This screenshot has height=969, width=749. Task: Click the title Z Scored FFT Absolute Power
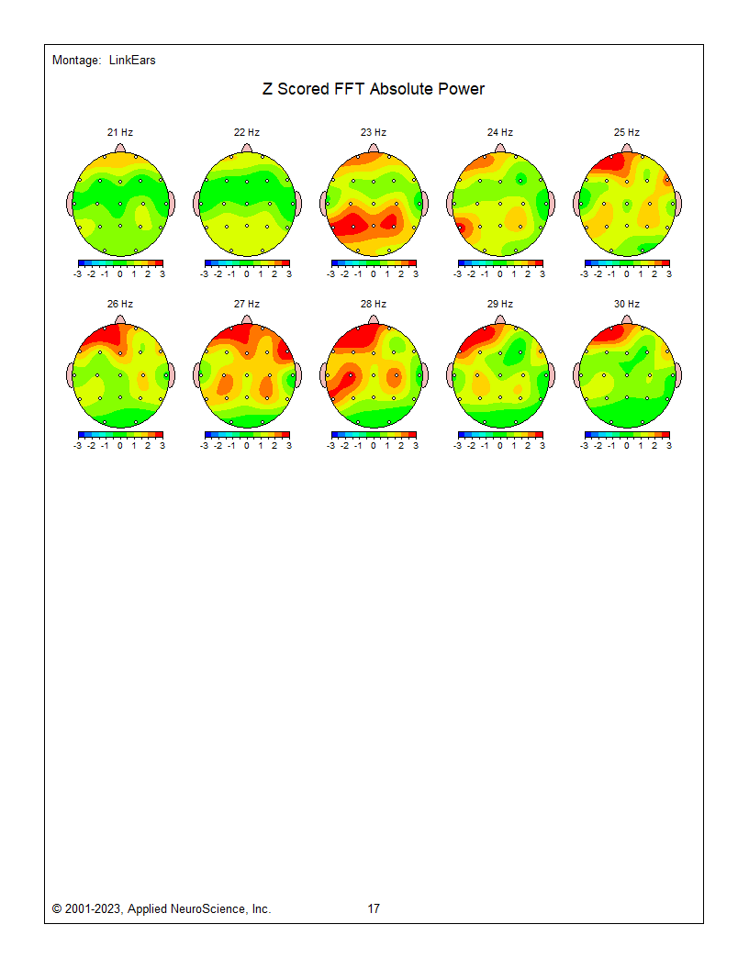coord(373,89)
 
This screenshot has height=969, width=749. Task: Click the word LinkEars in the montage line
coord(132,61)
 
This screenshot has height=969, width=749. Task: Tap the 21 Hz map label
coord(120,132)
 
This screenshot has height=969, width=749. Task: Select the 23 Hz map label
coord(374,132)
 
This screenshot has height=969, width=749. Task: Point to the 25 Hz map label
coord(627,132)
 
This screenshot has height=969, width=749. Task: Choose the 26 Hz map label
coord(120,304)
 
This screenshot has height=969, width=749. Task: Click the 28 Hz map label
coord(374,304)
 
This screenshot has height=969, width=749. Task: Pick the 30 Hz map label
coord(627,304)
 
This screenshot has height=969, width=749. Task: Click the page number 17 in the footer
coord(374,909)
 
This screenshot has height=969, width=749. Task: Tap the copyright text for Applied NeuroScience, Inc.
coord(162,909)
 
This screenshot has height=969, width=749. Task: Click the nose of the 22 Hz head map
coord(247,149)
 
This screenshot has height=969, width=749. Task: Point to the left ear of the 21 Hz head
coord(71,204)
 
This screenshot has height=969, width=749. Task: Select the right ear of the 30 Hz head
coord(680,374)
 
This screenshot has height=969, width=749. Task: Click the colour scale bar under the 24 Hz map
coord(500,263)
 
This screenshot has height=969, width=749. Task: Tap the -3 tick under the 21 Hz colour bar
coord(78,273)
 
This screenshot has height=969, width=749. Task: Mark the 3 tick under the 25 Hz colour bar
coord(668,273)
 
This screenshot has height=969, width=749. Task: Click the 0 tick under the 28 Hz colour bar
coord(374,445)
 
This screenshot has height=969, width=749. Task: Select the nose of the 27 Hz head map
coord(247,319)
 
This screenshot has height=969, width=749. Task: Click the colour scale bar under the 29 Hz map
coord(500,434)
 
